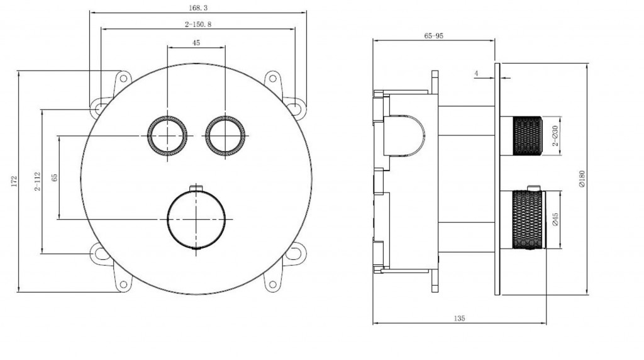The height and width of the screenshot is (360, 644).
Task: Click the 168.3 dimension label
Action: [198, 8]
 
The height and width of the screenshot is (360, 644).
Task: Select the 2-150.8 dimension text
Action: [198, 25]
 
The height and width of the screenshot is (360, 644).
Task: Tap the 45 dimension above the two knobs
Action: [196, 43]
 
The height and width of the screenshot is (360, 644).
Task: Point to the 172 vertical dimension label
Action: [14, 181]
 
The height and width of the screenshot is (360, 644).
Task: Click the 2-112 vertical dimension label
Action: [38, 181]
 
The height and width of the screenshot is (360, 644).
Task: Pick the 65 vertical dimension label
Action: [55, 177]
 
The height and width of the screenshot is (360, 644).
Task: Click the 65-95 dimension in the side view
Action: [434, 36]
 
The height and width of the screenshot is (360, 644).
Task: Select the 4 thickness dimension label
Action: [477, 74]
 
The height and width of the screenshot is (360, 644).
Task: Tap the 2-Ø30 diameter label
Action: [555, 136]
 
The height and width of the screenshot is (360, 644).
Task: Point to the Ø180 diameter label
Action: [582, 179]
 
